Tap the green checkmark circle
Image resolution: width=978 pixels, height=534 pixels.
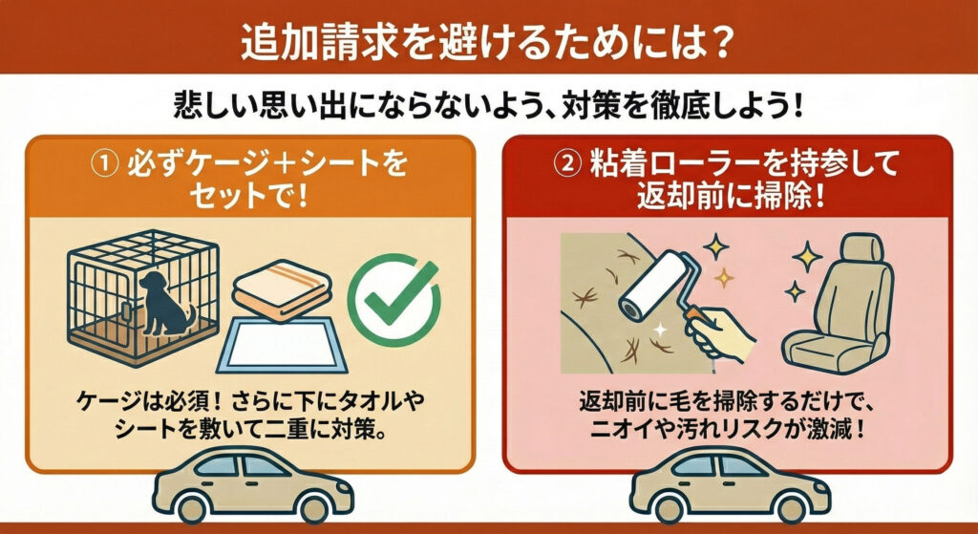[394, 300]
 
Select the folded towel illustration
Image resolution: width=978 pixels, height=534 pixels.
[282, 290]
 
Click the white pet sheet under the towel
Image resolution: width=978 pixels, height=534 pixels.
[282, 344]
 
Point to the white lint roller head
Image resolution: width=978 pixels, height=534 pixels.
[651, 287]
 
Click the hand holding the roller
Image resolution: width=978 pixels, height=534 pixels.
[722, 334]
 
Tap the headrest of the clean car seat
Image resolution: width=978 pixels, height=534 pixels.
[861, 247]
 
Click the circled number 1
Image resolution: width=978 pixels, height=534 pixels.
[104, 164]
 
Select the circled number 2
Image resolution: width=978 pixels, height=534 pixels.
[567, 164]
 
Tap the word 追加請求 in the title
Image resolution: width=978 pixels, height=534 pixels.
[304, 46]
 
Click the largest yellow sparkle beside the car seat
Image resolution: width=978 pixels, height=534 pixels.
[807, 256]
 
